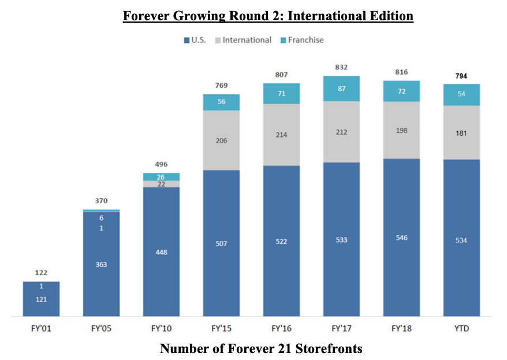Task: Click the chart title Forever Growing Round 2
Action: coord(268,16)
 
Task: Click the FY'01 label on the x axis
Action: coord(41,328)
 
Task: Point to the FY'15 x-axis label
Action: coord(221,328)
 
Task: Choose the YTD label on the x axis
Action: coord(461,328)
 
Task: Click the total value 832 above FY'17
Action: coord(341,67)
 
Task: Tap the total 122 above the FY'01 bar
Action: coord(41,272)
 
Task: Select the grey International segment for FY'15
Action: coord(221,140)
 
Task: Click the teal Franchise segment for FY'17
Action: coord(341,88)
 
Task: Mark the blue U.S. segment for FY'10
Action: coord(161,252)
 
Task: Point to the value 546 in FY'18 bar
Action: coord(401,237)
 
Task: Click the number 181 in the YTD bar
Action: coord(461,133)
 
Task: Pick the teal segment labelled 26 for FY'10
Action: coord(161,177)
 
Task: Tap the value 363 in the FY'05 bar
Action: coord(101,265)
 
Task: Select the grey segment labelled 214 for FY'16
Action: coord(281,135)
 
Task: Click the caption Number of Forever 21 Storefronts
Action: coord(261,349)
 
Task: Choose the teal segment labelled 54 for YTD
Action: coord(461,94)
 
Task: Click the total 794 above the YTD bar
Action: coord(461,76)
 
